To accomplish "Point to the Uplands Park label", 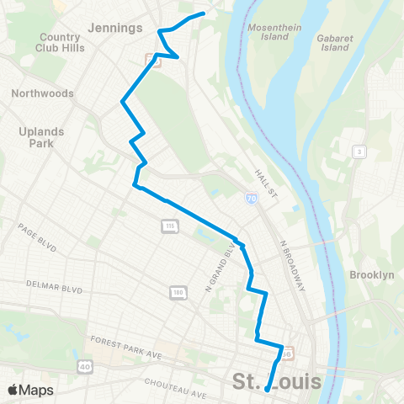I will click(x=36, y=137).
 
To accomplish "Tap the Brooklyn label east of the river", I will click(x=371, y=275).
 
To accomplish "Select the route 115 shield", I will click(x=170, y=226).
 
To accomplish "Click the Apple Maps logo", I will click(x=30, y=390).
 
